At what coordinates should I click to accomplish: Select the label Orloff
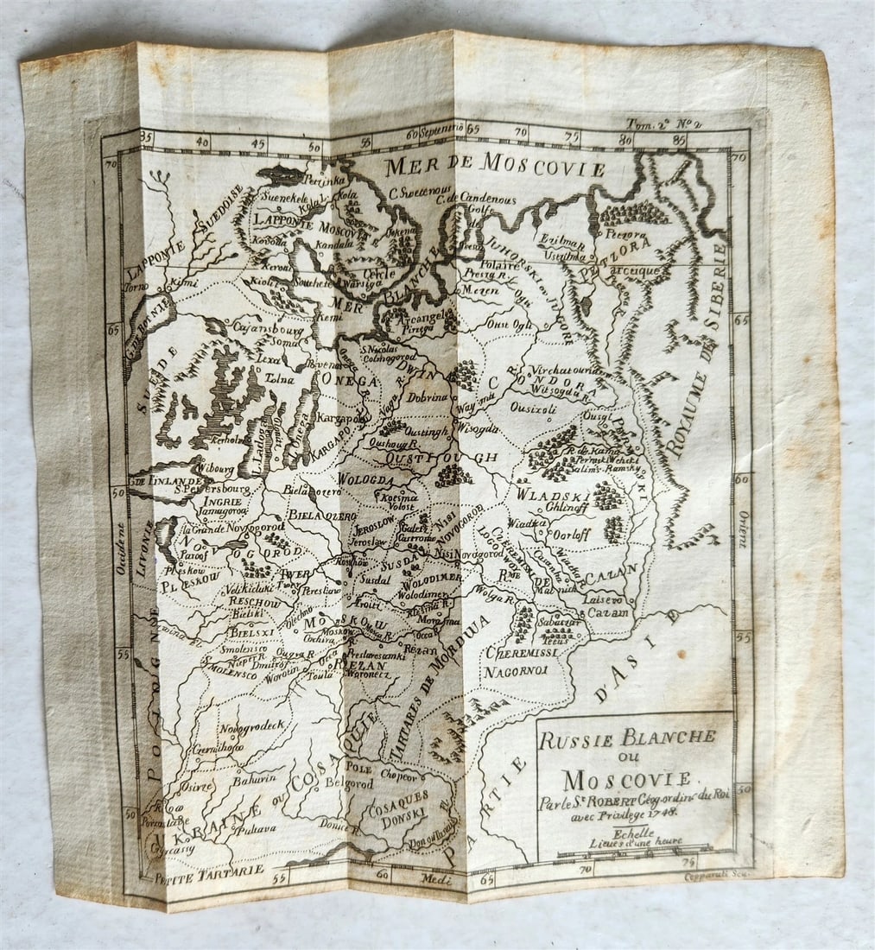coord(572,535)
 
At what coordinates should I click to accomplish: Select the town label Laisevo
coord(604,598)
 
